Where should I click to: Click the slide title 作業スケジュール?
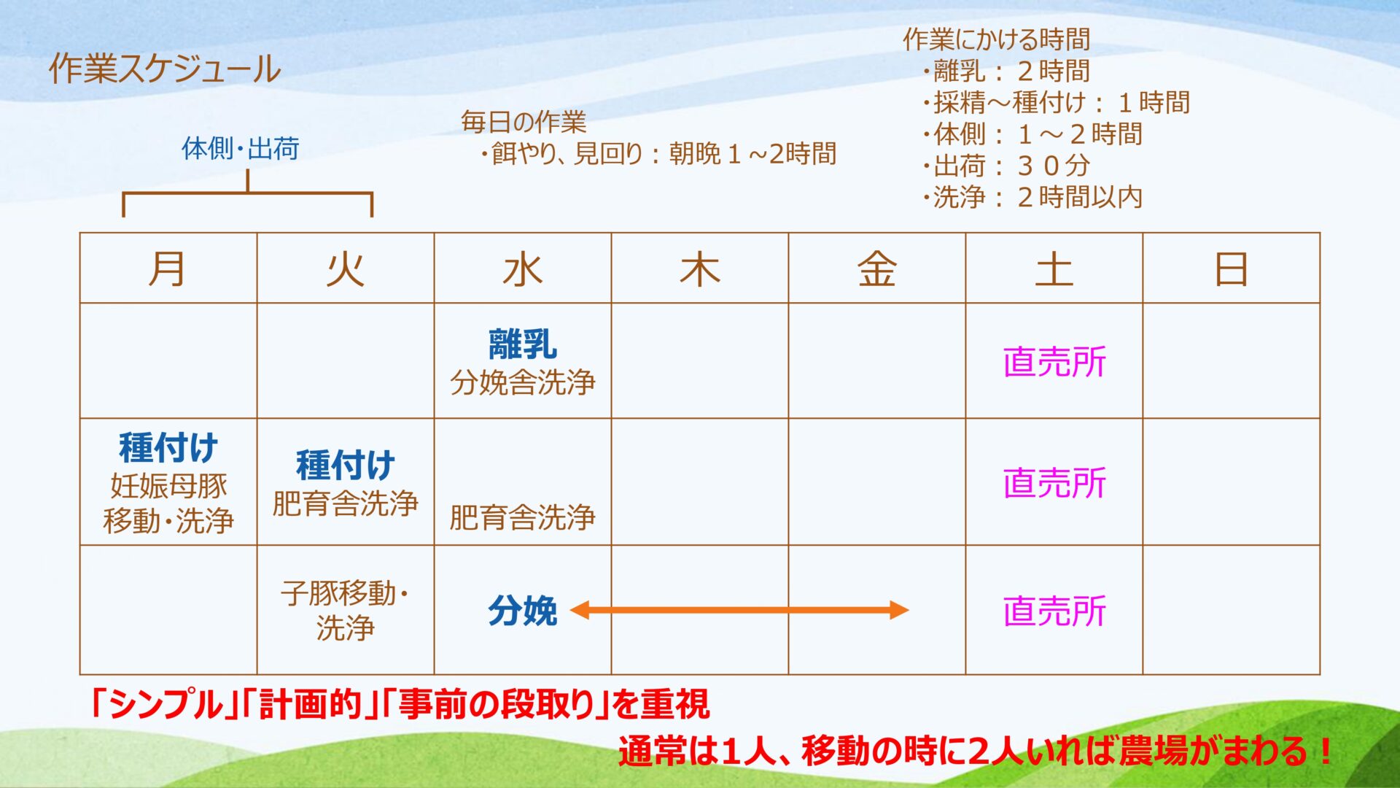click(x=165, y=69)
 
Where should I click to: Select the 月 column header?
click(x=168, y=269)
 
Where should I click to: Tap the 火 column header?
click(x=345, y=269)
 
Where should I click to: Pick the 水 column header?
click(x=522, y=269)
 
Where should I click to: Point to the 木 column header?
click(x=699, y=269)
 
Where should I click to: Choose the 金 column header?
click(x=876, y=269)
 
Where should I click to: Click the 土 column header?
click(x=1054, y=269)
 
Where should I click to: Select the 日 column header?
click(x=1231, y=269)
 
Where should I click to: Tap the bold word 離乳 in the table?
click(x=522, y=344)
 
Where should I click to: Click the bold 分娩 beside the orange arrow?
click(x=522, y=610)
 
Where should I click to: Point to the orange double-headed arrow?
click(x=739, y=610)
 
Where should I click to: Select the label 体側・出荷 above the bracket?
click(x=241, y=148)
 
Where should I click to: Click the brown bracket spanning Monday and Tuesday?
click(x=248, y=193)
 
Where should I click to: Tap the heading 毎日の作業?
click(x=524, y=122)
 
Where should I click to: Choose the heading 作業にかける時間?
click(x=996, y=39)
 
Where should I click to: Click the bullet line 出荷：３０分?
click(x=1006, y=166)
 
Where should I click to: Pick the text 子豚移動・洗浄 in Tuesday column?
click(x=345, y=610)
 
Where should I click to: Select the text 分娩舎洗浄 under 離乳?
click(x=522, y=382)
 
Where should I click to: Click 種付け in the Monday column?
click(x=168, y=447)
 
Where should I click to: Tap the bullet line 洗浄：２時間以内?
click(x=1032, y=197)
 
